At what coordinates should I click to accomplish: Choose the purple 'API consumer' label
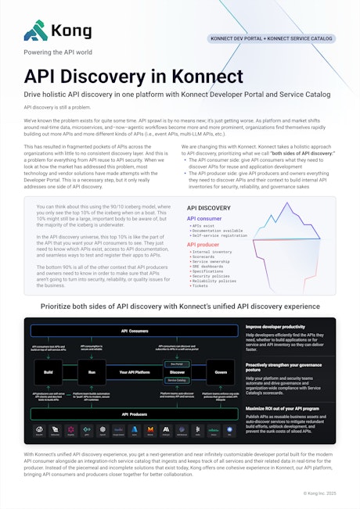pos(204,219)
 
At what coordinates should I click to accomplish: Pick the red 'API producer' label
pos(203,245)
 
